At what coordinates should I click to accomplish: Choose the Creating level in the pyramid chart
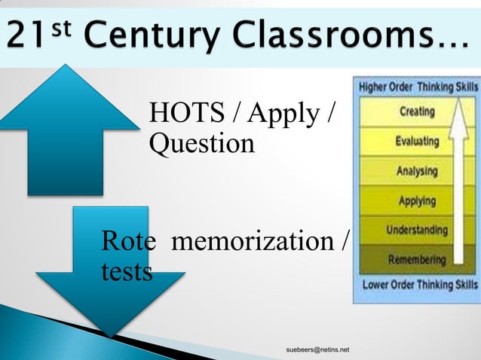[x=416, y=111]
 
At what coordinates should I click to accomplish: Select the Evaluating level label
[x=416, y=141]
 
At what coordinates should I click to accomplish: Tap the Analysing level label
[x=416, y=171]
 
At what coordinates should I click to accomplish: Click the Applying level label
[x=416, y=201]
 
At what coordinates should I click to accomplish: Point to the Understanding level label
[x=416, y=230]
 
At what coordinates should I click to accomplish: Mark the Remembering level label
[x=416, y=260]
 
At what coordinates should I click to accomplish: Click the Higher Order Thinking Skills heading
[x=417, y=87]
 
